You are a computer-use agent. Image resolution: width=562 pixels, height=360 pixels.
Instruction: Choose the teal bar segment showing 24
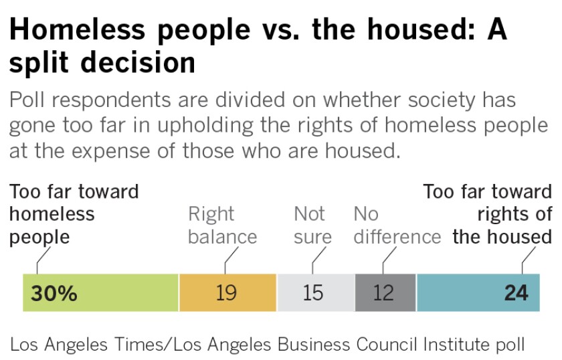click(x=462, y=292)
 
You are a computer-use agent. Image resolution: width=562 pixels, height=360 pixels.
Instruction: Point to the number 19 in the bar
click(x=226, y=293)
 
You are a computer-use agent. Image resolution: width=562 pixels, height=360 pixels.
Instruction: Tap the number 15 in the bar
click(x=312, y=293)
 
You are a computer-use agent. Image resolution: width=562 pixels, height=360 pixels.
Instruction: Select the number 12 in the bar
click(x=383, y=293)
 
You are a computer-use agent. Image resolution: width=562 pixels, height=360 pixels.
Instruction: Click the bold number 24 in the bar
click(x=516, y=293)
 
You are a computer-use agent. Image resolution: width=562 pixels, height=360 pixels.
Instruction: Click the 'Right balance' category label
click(x=222, y=226)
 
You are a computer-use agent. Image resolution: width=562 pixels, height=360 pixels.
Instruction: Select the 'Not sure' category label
click(x=312, y=226)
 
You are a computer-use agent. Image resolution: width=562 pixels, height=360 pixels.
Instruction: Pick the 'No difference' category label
click(x=397, y=226)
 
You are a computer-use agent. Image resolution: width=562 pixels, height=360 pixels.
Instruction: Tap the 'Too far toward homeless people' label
click(x=74, y=215)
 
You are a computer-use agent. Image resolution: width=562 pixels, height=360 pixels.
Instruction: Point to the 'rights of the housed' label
click(x=502, y=226)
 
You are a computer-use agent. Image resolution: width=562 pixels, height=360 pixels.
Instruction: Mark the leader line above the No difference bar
click(x=383, y=261)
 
